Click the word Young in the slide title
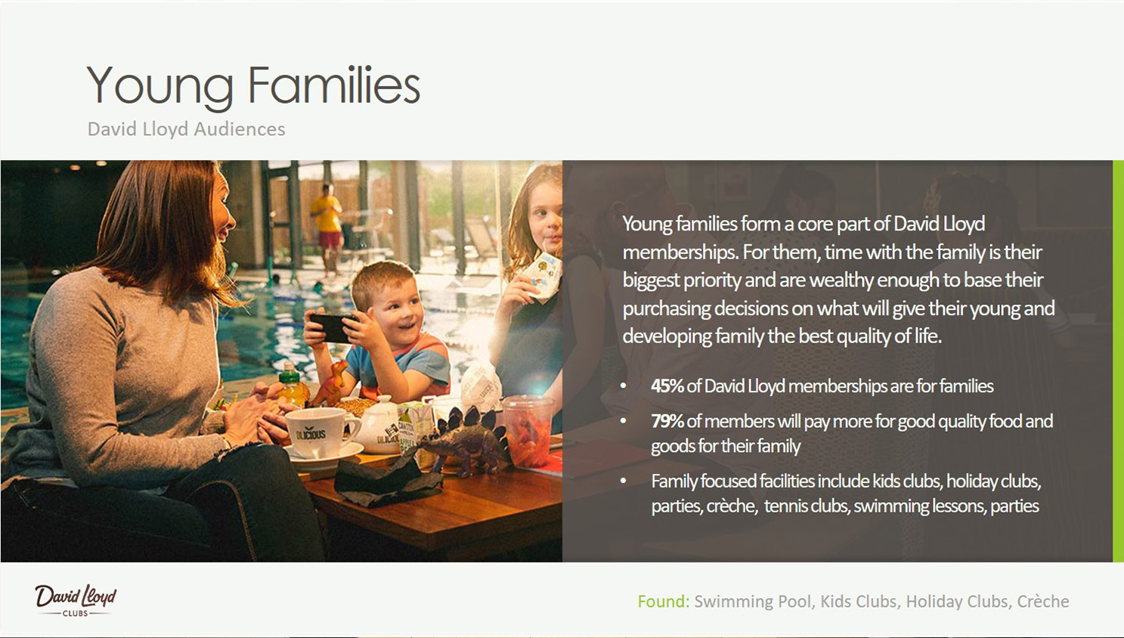(x=160, y=86)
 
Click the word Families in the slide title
(x=334, y=85)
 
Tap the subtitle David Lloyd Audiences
(x=186, y=129)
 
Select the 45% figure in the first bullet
(x=667, y=386)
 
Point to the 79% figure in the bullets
(x=667, y=421)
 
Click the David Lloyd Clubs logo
(x=76, y=600)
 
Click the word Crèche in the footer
(x=1042, y=602)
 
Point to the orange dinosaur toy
(x=330, y=383)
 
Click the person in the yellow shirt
(x=327, y=228)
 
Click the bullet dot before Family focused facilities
(x=623, y=480)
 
